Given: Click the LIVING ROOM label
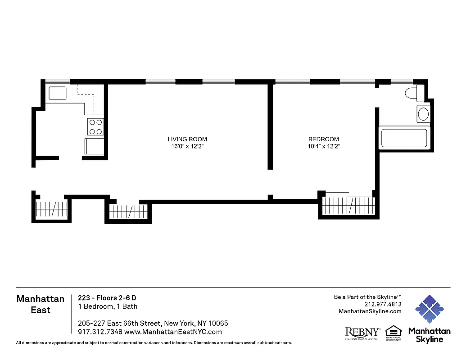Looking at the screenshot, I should [x=187, y=139].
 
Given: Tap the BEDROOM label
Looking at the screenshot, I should [x=323, y=139].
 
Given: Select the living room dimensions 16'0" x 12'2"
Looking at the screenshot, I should [x=187, y=147].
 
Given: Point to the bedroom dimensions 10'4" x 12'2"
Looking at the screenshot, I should [x=323, y=147].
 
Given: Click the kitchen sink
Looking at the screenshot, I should [x=58, y=94].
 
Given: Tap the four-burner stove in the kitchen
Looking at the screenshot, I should [x=95, y=127].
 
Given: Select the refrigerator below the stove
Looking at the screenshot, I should [x=95, y=146].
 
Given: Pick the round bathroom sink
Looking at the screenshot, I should [x=423, y=114].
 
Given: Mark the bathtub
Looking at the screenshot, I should [x=404, y=138].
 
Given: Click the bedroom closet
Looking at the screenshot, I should [x=349, y=206].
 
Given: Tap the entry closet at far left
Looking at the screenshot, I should [x=51, y=209].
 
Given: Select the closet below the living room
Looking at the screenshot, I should [x=128, y=211].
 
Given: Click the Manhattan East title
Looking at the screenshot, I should [x=40, y=304].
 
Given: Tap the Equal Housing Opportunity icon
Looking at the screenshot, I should [x=393, y=333].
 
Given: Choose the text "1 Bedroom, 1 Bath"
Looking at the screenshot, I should [x=108, y=306].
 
